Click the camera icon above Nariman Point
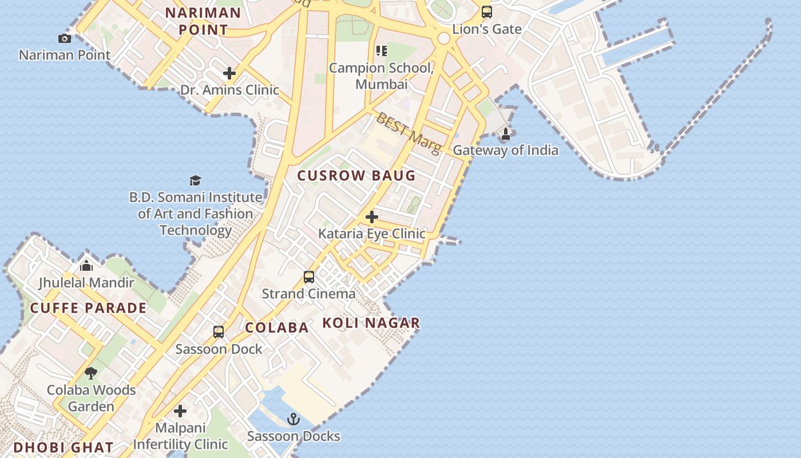coord(65,38)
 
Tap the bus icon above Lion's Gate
coord(486,11)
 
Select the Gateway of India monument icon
coord(506,134)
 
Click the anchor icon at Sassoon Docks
coord(294,420)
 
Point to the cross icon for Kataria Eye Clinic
coord(372,217)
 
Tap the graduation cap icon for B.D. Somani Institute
coord(196,181)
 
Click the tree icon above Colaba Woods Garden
coord(91,373)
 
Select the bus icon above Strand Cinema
coord(309,277)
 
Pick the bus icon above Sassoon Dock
coord(219,332)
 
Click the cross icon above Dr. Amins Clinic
coord(229,73)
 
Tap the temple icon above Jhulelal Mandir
coord(86,266)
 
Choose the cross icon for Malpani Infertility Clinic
coord(180,411)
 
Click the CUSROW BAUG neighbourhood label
coord(356,176)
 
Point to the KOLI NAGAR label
coord(371,323)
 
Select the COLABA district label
coord(277,327)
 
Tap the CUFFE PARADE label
coord(88,308)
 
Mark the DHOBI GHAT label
coord(63,447)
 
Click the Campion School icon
coord(382,51)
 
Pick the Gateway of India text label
coord(506,150)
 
